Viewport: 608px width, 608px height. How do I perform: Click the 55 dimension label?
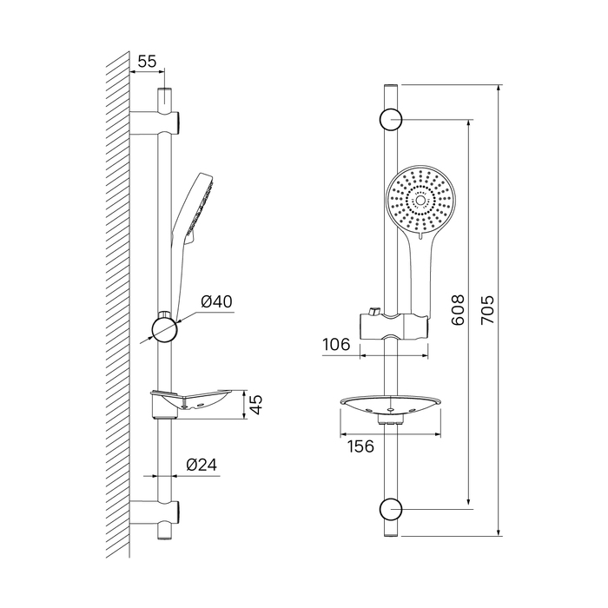pyautogui.click(x=147, y=62)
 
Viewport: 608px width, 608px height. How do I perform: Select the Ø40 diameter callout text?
pyautogui.click(x=217, y=301)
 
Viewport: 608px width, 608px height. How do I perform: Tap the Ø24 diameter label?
pyautogui.click(x=202, y=465)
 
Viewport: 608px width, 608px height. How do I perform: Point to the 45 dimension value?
pyautogui.click(x=256, y=405)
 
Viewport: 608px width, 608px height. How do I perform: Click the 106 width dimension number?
pyautogui.click(x=336, y=344)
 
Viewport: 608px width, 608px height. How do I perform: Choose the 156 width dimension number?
pyautogui.click(x=360, y=446)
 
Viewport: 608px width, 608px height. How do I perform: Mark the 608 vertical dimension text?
pyautogui.click(x=458, y=310)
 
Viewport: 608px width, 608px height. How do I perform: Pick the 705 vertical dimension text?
pyautogui.click(x=487, y=310)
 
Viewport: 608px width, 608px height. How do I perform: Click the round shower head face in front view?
pyautogui.click(x=420, y=200)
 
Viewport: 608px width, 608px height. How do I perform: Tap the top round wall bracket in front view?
pyautogui.click(x=391, y=120)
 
